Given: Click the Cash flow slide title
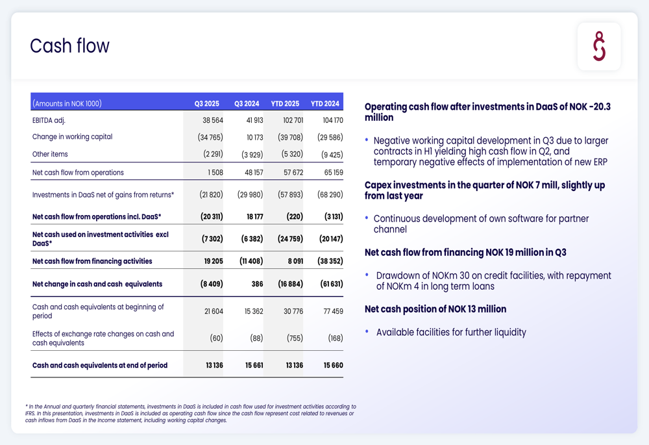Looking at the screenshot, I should pos(69,46).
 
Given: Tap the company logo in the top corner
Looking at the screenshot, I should pos(599,47).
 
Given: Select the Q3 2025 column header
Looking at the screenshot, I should pos(207,103).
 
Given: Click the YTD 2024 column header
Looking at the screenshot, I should pos(325,103).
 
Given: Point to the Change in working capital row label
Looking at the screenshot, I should pos(72,137).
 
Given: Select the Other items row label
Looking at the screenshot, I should pos(50,155).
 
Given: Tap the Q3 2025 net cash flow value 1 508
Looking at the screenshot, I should pos(215,173).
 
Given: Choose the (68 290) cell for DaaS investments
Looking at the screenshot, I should pos(330,195).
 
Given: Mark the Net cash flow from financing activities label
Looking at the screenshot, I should pos(92,261).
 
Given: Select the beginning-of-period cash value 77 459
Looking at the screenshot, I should pos(332,312).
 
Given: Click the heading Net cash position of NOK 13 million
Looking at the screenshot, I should pos(435,309).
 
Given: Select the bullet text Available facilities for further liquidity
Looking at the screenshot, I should pos(451,333).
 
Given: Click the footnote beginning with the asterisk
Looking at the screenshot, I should pos(191,413).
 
